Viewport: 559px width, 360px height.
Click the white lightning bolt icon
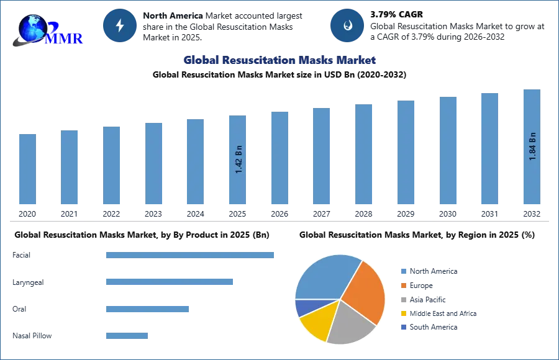(x=120, y=26)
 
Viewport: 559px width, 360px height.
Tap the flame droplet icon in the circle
(x=347, y=26)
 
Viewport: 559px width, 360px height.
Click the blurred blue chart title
(x=281, y=60)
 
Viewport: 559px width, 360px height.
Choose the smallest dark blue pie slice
(x=305, y=307)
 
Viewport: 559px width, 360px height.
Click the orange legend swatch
(x=402, y=286)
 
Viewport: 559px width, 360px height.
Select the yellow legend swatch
(x=402, y=313)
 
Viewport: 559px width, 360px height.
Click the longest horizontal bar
(x=191, y=253)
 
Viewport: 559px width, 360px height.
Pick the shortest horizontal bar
(x=127, y=337)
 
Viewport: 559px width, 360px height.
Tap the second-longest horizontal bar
(x=168, y=283)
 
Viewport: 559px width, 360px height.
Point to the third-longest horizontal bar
(x=146, y=308)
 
